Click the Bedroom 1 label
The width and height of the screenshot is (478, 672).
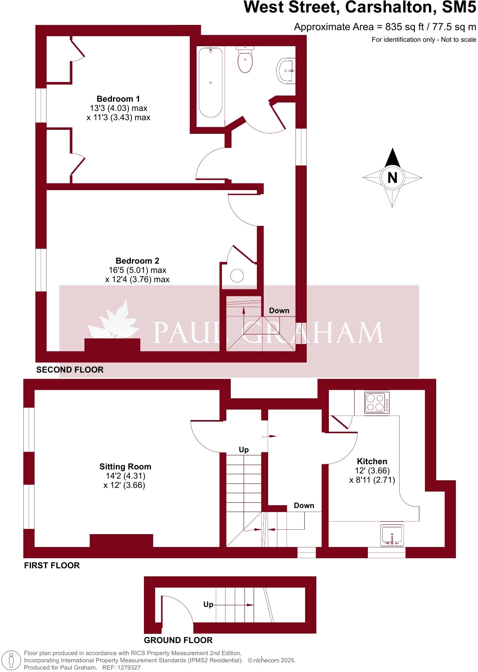(x=118, y=99)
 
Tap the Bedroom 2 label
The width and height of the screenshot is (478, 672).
(x=137, y=261)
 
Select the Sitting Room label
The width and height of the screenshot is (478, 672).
(x=125, y=467)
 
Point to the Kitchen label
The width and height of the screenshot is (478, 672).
(x=372, y=461)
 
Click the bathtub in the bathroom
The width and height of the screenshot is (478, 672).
(x=210, y=82)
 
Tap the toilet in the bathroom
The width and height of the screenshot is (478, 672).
(x=245, y=60)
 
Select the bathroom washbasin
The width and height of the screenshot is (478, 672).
(x=287, y=71)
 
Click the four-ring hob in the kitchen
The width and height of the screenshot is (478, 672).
(x=377, y=403)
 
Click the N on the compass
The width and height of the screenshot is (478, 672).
(x=392, y=178)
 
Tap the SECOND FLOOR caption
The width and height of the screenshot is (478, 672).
(x=70, y=370)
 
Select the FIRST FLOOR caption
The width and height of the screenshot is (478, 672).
(x=52, y=565)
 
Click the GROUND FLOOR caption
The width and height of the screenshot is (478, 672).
(x=178, y=640)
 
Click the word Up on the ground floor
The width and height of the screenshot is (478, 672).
(x=208, y=604)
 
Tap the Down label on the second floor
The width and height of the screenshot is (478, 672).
(x=279, y=311)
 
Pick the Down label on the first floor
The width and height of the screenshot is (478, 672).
(x=304, y=506)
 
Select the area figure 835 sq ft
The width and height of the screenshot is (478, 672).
(x=404, y=27)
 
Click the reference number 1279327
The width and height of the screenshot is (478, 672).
(x=127, y=668)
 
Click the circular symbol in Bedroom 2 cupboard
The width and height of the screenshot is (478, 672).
(x=237, y=276)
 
